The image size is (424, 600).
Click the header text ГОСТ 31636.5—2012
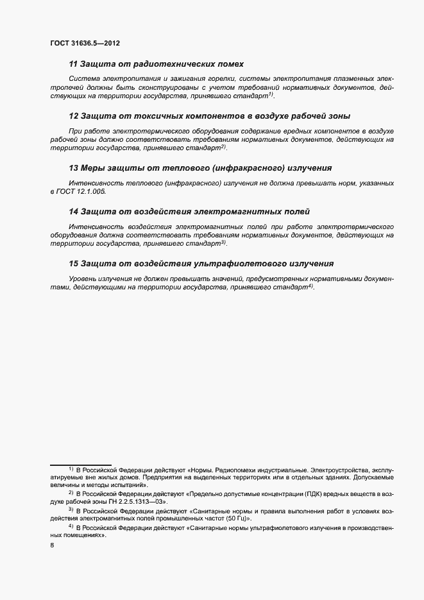click(85, 44)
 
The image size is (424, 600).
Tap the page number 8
click(52, 545)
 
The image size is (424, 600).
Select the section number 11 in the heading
click(73, 64)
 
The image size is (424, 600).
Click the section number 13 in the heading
click(73, 168)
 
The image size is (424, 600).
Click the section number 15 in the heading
click(73, 264)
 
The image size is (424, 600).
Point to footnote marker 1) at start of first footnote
click(71, 469)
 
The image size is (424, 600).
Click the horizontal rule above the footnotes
click(81, 464)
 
